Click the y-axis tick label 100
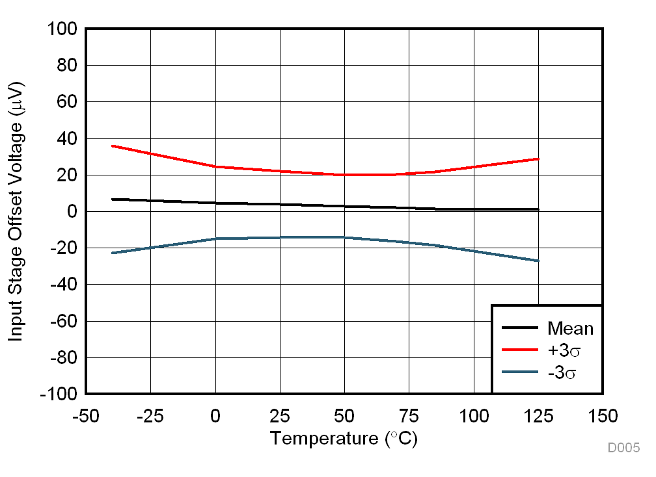62,30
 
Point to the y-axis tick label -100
59,394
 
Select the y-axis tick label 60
66,103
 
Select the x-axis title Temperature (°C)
344,439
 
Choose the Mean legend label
570,328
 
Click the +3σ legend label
564,350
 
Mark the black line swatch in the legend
520,328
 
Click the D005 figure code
623,448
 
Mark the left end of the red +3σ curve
113,146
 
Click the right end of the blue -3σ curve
538,261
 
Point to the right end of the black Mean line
538,209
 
